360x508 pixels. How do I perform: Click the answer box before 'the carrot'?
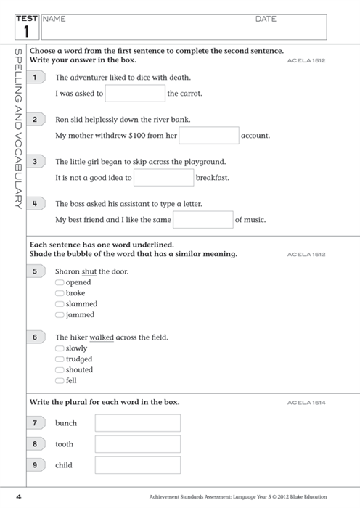tap(135, 93)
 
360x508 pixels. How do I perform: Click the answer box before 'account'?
tap(209, 135)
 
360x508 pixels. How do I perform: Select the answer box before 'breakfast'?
tap(164, 177)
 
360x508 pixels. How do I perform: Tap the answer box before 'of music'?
tap(202, 219)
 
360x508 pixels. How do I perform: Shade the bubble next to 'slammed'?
tap(60, 304)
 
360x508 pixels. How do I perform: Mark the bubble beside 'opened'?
tap(60, 282)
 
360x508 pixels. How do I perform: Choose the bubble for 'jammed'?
tap(60, 315)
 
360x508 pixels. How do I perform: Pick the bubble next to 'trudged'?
tap(60, 359)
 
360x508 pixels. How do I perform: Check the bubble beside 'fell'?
tap(60, 380)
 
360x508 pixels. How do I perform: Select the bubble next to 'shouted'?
tap(60, 370)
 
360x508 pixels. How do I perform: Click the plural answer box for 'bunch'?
tap(137, 423)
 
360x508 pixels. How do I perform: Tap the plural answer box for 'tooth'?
tap(137, 444)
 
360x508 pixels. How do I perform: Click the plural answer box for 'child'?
tap(137, 465)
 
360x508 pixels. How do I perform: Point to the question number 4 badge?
tap(35, 204)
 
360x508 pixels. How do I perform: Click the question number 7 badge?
tap(35, 423)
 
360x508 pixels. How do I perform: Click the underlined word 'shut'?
tap(89, 271)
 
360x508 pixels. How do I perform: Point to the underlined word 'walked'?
tap(102, 337)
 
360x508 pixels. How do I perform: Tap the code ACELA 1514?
tap(306, 402)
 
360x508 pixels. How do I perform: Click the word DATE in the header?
tap(266, 20)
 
